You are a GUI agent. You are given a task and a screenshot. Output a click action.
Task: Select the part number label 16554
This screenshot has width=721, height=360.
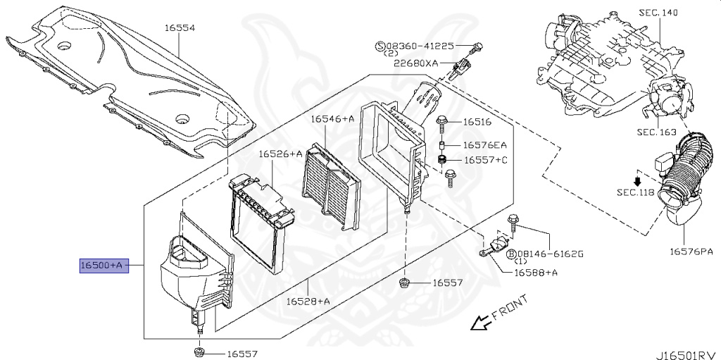[180, 28]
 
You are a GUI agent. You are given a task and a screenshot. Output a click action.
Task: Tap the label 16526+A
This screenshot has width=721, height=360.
[280, 154]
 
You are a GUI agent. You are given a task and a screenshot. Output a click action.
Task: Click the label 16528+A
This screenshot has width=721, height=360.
[308, 301]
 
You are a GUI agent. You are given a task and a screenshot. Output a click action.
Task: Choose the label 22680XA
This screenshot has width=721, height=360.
[415, 63]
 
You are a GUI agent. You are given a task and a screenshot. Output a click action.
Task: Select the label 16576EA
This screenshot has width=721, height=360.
[485, 145]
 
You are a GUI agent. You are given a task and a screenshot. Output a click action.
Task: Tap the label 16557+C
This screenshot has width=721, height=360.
[485, 161]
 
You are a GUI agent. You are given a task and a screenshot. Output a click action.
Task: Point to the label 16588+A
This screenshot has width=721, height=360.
[536, 272]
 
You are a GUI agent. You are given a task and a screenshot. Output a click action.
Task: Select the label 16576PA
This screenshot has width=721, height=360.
[691, 250]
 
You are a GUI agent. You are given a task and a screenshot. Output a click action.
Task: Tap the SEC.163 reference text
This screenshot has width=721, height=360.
[656, 132]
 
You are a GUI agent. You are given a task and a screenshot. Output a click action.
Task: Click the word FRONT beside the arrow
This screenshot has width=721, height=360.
[509, 310]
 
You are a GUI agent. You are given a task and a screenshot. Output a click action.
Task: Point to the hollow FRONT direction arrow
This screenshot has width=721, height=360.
[480, 323]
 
